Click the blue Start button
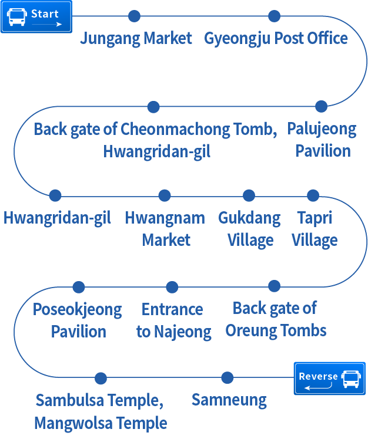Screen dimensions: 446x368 pyautogui.click(x=36, y=16)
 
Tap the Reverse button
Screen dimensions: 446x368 pyautogui.click(x=329, y=378)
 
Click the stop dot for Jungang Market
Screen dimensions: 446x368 pyautogui.click(x=134, y=16)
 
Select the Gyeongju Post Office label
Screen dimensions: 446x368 pyautogui.click(x=276, y=39)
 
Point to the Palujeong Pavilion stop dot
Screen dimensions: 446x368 pyautogui.click(x=321, y=106)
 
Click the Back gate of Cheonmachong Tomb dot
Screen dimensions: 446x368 pyautogui.click(x=153, y=107)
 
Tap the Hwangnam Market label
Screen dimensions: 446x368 pyautogui.click(x=165, y=229)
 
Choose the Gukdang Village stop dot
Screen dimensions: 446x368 pyautogui.click(x=249, y=195)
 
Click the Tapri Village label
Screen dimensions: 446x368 pyautogui.click(x=315, y=229)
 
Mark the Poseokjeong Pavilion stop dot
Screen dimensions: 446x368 pyautogui.click(x=78, y=287)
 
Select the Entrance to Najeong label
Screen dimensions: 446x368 pyautogui.click(x=173, y=320)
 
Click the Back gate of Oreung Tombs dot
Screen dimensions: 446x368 pyautogui.click(x=274, y=286)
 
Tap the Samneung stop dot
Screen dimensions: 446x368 pyautogui.click(x=227, y=378)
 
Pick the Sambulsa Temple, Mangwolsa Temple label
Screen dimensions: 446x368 pyautogui.click(x=100, y=411)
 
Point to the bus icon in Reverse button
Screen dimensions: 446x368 pyautogui.click(x=351, y=379)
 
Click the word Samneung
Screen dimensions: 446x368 pyautogui.click(x=229, y=401)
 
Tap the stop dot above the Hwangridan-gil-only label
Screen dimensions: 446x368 pyautogui.click(x=55, y=195)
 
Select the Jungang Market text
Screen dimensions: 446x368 pyautogui.click(x=136, y=39)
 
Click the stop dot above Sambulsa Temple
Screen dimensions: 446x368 pyautogui.click(x=101, y=379)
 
